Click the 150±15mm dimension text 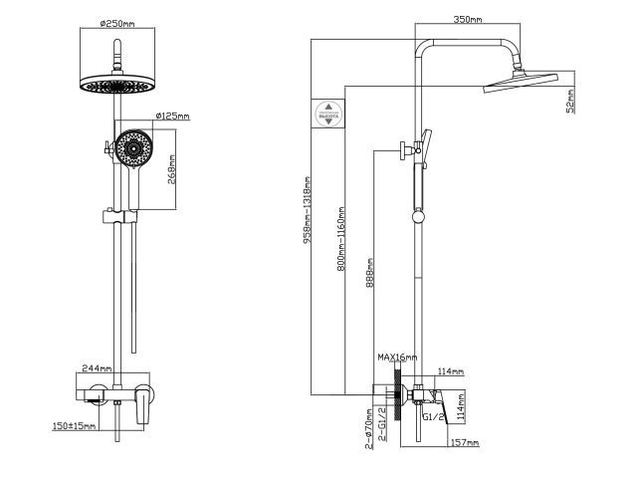coord(76,427)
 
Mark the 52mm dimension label coord(570,101)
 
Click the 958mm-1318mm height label coord(308,209)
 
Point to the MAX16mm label coord(396,357)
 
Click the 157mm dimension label coord(465,442)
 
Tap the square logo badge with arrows coord(327,112)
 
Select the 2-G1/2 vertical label coord(381,424)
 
